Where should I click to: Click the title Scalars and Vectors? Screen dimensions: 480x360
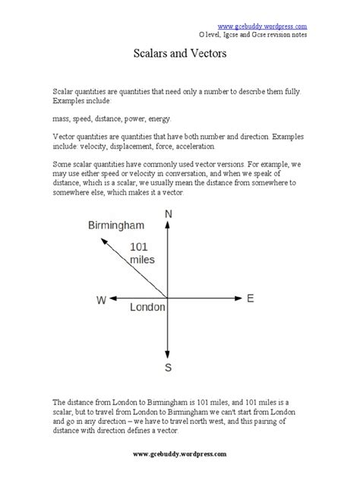[x=179, y=57]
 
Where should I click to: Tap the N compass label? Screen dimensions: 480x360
[x=168, y=215]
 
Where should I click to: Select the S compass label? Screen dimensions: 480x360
[x=168, y=368]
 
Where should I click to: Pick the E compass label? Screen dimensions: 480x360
[x=250, y=298]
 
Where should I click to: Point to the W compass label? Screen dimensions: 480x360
[x=100, y=299]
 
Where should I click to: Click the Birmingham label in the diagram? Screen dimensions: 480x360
[x=118, y=226]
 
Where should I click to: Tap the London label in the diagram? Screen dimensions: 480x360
[x=147, y=308]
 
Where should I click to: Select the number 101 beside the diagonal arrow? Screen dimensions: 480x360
[x=141, y=246]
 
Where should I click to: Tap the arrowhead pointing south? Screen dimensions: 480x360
[x=167, y=354]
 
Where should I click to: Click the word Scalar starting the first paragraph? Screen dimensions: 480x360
[x=65, y=91]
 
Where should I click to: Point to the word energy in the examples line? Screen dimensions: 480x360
[x=157, y=118]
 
